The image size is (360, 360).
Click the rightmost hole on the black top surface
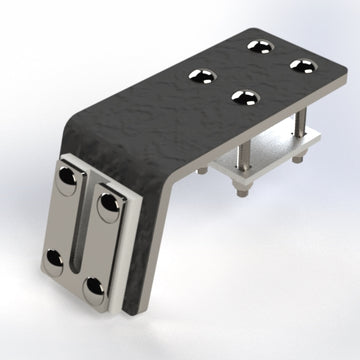pyautogui.click(x=301, y=65)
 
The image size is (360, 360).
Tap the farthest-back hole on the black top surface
pyautogui.click(x=262, y=45)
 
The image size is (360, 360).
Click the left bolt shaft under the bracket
pyautogui.click(x=244, y=153)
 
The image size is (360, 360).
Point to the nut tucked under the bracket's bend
pyautogui.click(x=201, y=171)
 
